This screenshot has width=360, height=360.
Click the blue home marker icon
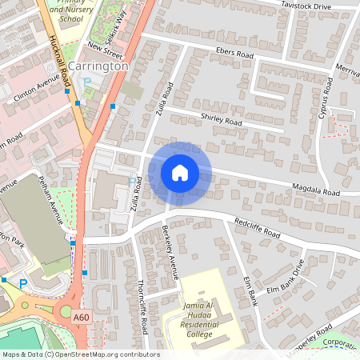point(180,172)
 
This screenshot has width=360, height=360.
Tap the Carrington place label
point(98,66)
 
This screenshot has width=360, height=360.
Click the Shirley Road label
point(222,121)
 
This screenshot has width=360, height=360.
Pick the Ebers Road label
point(234,54)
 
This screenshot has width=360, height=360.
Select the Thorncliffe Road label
point(143,306)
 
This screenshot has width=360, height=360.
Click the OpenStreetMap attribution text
point(81,354)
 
